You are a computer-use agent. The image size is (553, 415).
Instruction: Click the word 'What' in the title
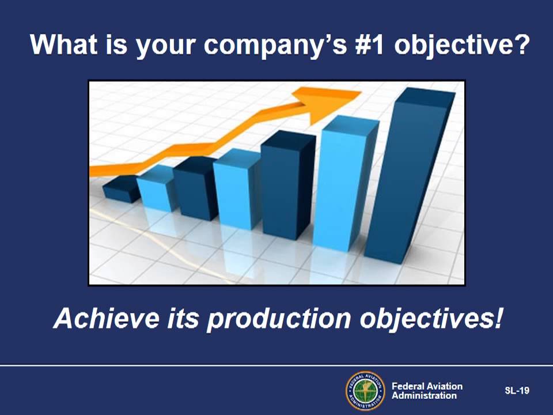[64, 44]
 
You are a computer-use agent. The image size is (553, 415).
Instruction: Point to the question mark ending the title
[521, 44]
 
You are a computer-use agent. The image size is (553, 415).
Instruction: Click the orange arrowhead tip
[361, 92]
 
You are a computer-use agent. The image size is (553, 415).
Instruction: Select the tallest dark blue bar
[410, 175]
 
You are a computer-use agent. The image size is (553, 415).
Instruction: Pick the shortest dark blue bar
[122, 189]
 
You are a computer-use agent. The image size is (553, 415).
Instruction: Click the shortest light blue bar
[156, 188]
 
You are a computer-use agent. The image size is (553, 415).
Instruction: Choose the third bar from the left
[195, 188]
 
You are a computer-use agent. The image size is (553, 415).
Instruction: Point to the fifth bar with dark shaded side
[288, 185]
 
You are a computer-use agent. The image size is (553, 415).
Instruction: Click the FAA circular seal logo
[365, 391]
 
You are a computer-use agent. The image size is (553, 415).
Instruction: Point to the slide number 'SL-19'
[517, 390]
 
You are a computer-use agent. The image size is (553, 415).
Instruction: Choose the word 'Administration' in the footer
[425, 395]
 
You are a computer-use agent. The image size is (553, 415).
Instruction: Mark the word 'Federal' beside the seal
[407, 386]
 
